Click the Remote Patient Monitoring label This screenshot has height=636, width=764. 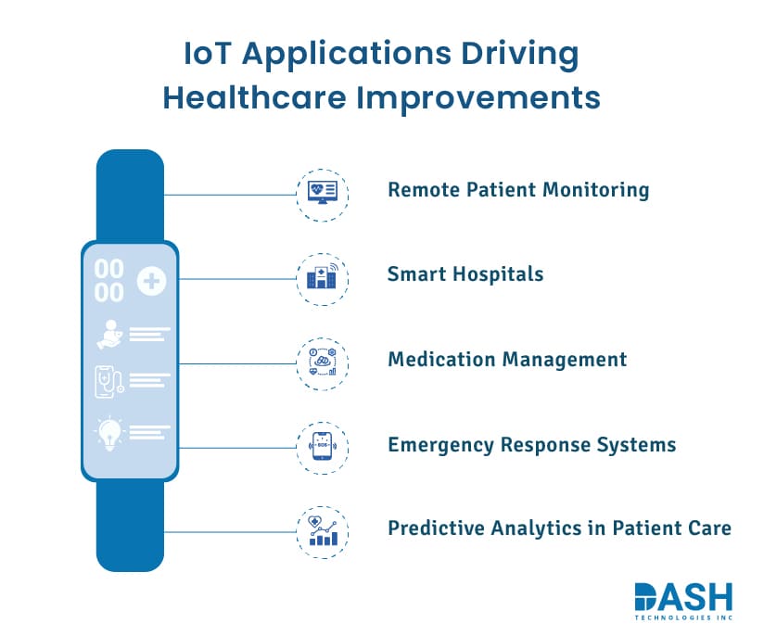click(518, 190)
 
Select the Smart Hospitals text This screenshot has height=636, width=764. click(465, 274)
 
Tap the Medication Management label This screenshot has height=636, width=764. click(506, 359)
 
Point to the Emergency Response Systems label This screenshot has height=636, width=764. click(531, 444)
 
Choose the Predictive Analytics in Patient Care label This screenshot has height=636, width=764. click(559, 528)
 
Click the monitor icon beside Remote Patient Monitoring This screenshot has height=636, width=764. click(323, 194)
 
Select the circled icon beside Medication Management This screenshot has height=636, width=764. click(323, 363)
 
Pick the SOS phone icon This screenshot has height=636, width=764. click(323, 448)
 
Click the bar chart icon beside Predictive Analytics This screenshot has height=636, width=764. click(323, 532)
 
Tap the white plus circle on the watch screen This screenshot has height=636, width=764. click(150, 281)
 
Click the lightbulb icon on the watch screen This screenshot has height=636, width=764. click(109, 434)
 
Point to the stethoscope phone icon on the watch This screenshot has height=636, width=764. click(109, 381)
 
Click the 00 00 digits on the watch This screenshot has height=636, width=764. click(109, 281)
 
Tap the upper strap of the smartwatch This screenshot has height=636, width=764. click(130, 195)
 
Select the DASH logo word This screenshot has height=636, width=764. click(683, 598)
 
